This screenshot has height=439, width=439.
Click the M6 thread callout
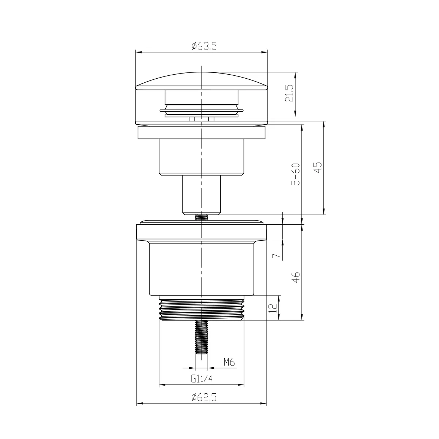[x=229, y=363]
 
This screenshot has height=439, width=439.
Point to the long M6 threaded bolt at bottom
[x=201, y=337]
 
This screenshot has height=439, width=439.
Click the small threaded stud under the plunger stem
[x=201, y=217]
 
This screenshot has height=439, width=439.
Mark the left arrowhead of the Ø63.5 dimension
[x=138, y=52]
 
